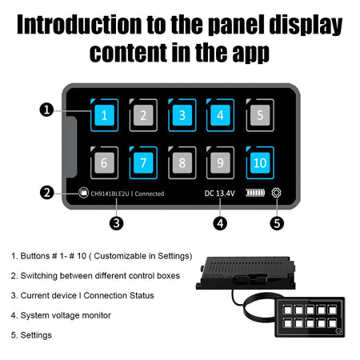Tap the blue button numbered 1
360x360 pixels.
click(104, 115)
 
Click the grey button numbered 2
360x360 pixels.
click(143, 115)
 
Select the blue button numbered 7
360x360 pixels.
click(143, 162)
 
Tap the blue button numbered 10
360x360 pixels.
click(260, 162)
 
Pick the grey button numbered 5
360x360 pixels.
click(260, 115)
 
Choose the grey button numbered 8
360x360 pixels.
click(182, 162)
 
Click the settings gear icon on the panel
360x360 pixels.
click(276, 193)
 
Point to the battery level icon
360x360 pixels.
click(255, 193)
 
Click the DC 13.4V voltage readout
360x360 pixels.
click(220, 194)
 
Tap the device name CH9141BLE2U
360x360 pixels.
click(110, 194)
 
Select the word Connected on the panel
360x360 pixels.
click(150, 194)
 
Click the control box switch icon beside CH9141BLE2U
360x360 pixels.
click(83, 192)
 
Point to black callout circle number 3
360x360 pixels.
click(117, 223)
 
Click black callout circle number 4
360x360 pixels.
click(220, 223)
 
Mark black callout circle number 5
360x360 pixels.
click(277, 223)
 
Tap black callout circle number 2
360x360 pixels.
click(47, 193)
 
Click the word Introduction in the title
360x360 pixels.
click(79, 25)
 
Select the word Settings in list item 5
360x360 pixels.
click(36, 335)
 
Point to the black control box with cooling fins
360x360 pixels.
click(246, 273)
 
